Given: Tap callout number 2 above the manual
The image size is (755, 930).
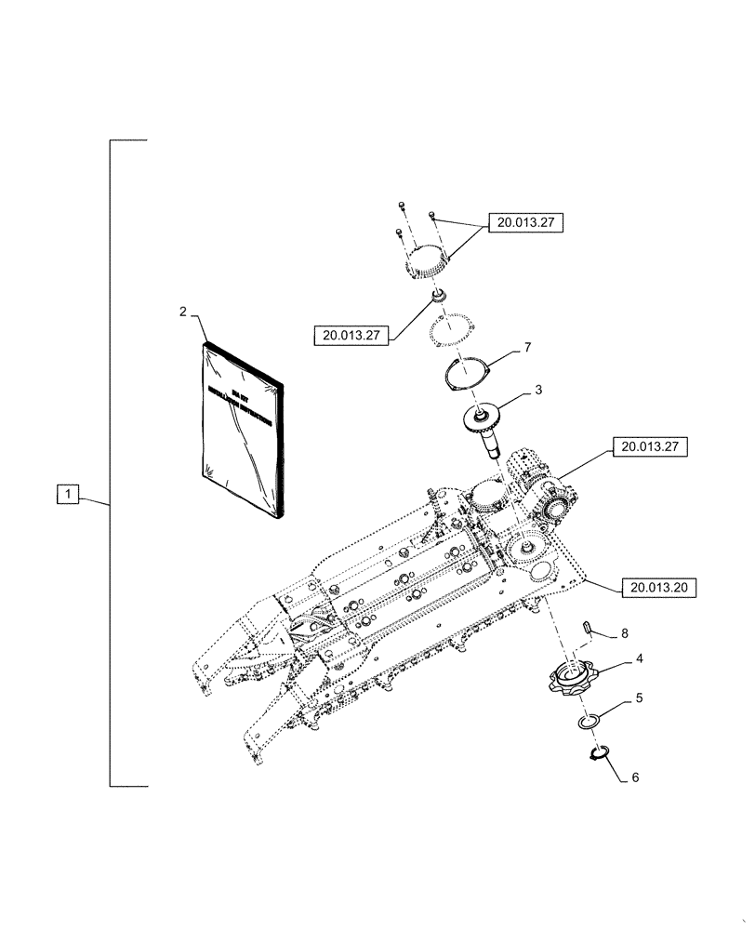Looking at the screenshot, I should (183, 313).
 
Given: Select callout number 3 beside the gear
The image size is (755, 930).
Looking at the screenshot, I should (538, 391).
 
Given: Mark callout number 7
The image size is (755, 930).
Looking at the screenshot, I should (527, 347).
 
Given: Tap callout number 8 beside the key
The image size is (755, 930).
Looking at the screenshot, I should (624, 632).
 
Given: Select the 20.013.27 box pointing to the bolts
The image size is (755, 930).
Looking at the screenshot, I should (530, 223).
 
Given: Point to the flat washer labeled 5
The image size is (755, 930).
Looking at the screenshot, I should (588, 722).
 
